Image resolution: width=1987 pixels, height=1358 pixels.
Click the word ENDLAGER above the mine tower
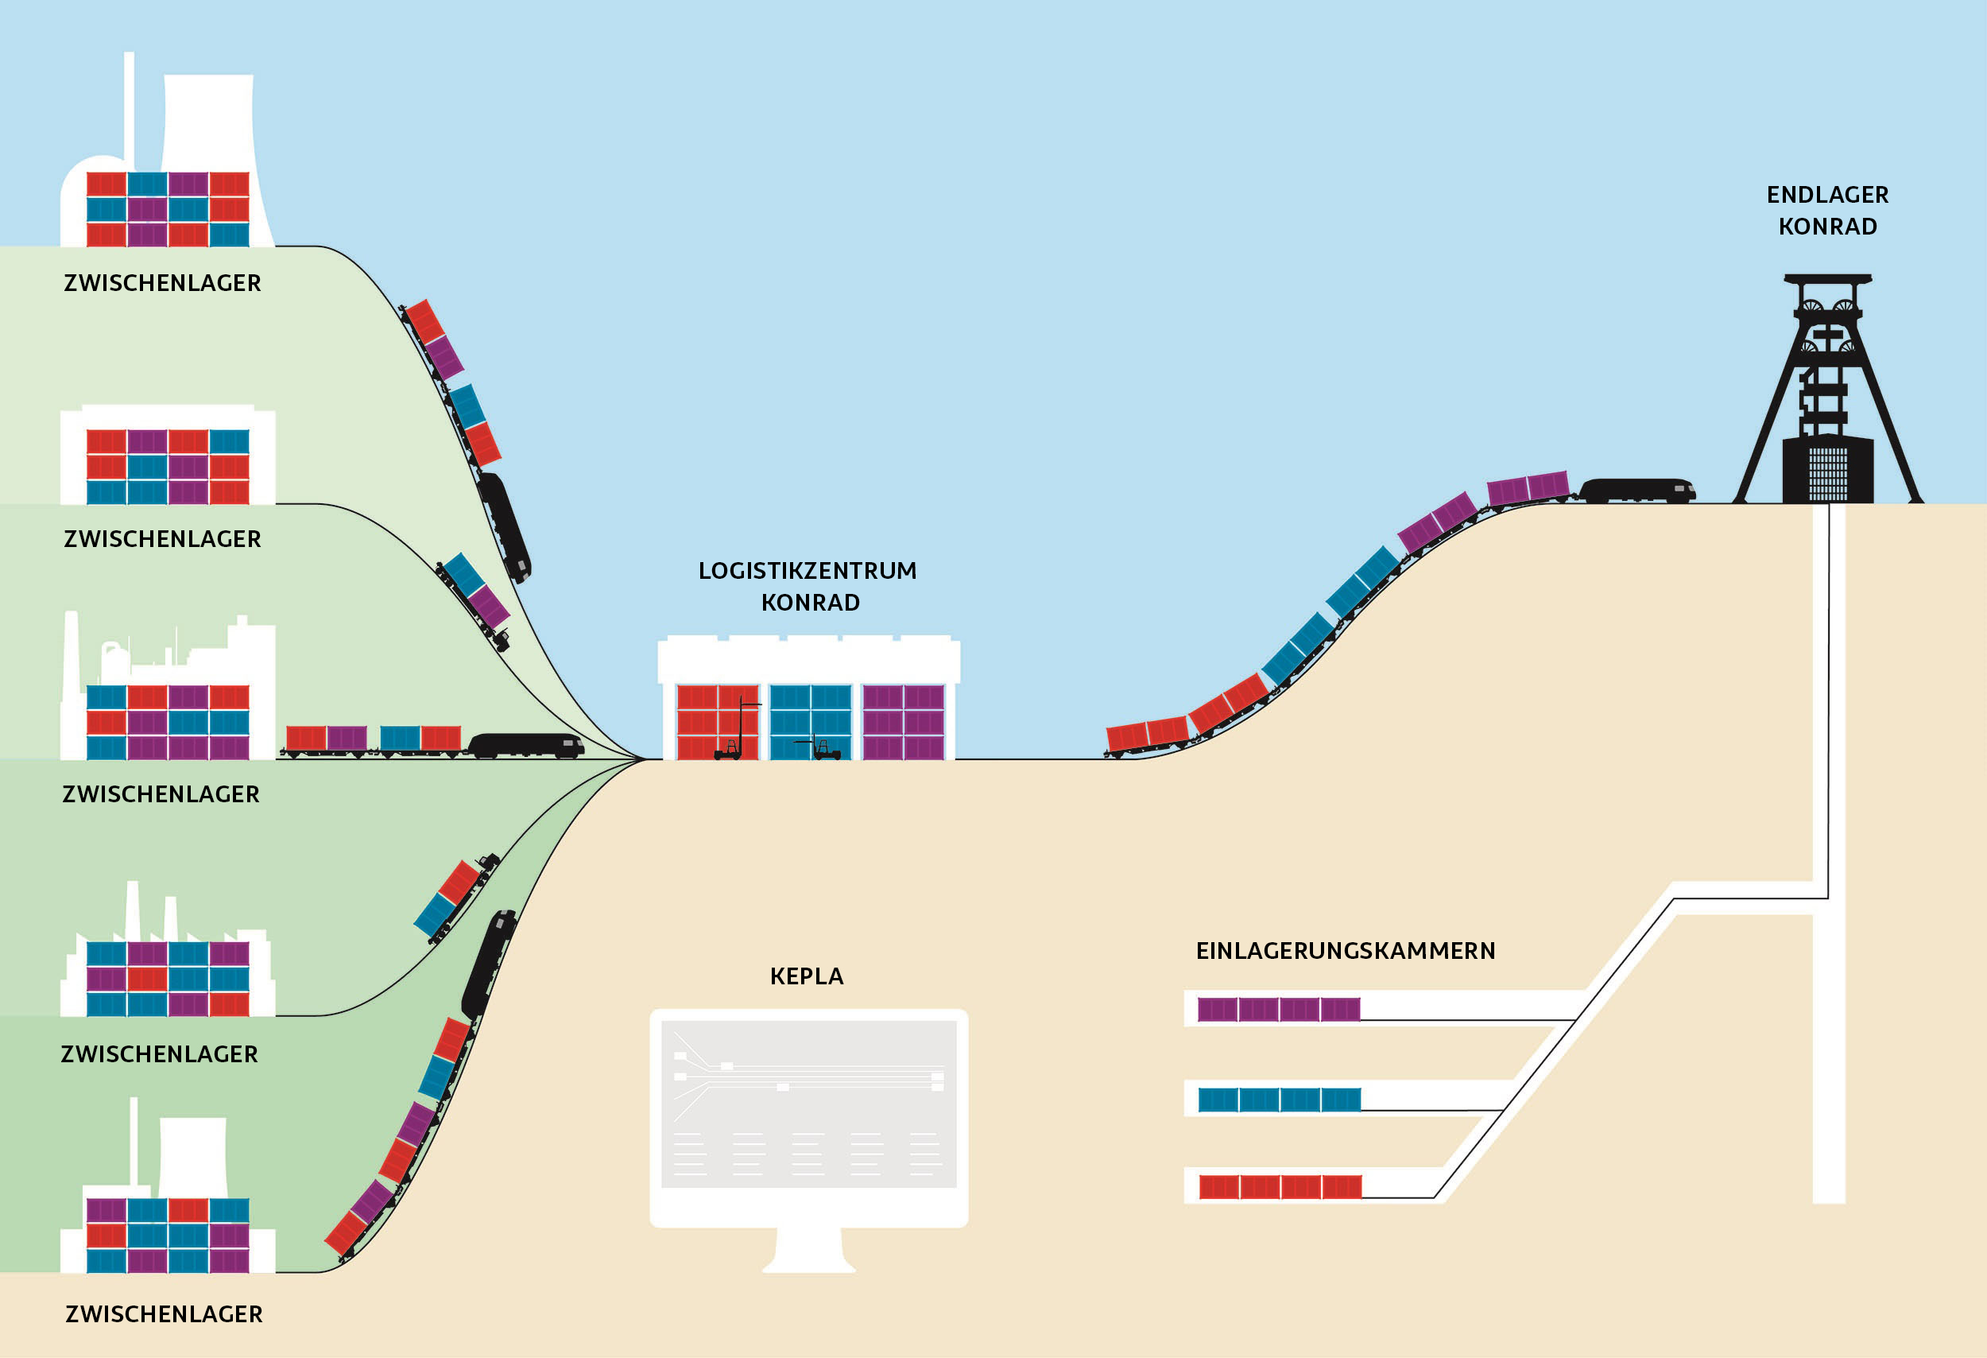(x=1827, y=195)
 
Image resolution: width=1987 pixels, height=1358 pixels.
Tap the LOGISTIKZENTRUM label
(x=807, y=570)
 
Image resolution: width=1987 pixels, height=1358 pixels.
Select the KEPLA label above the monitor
(x=806, y=976)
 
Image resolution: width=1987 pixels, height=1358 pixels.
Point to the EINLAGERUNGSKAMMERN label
(x=1345, y=951)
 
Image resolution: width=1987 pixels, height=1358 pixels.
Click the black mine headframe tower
(x=1828, y=394)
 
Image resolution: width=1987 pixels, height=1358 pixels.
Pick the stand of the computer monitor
(x=809, y=1250)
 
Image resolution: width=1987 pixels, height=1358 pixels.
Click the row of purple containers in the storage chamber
(x=1278, y=1010)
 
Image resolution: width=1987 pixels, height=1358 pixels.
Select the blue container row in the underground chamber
(x=1279, y=1100)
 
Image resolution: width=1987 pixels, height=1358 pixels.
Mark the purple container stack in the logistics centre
(x=904, y=722)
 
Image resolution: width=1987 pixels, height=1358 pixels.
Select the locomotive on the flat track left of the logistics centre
(x=525, y=746)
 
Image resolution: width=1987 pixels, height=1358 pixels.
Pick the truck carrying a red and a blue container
(x=455, y=898)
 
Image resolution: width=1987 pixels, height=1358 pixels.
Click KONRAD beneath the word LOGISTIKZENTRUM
(x=810, y=603)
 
